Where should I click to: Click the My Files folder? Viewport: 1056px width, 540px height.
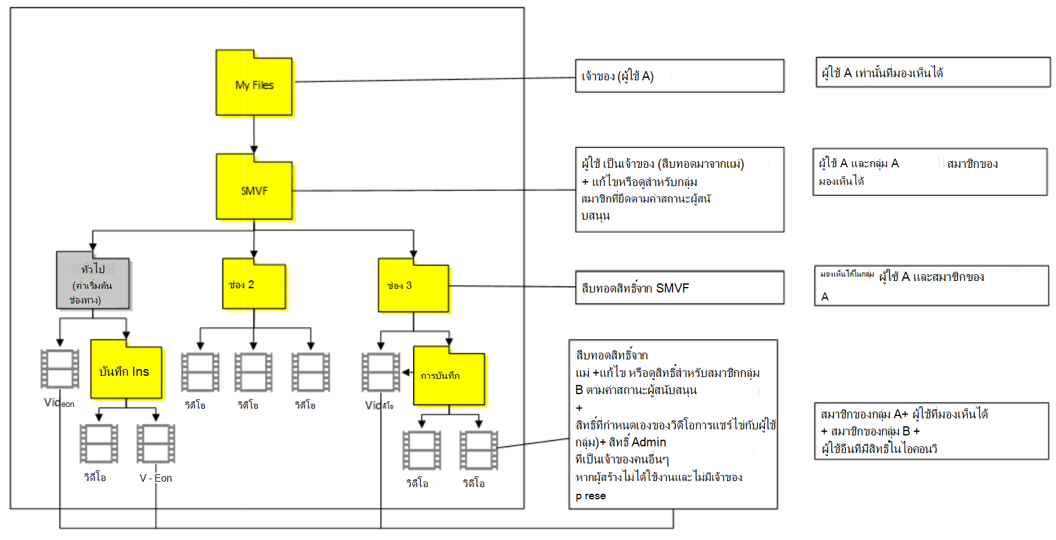point(254,85)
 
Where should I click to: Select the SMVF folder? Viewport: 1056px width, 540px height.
point(254,189)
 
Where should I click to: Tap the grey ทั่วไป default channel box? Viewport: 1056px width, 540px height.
point(93,283)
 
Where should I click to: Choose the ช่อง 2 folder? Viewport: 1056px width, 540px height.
point(254,285)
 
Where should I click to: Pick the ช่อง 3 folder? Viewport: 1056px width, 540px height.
point(413,286)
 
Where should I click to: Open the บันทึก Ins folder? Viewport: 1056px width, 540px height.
point(126,371)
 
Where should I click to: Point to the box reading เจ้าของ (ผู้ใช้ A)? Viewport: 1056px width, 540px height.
point(679,76)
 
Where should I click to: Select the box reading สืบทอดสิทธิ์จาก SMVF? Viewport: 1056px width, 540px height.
point(679,288)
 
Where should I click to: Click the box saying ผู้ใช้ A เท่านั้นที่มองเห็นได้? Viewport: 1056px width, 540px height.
point(933,73)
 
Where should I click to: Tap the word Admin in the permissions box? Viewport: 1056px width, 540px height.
point(649,442)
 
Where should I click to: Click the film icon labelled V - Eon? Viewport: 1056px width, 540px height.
point(156,443)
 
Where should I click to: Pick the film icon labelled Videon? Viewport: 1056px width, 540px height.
point(60,369)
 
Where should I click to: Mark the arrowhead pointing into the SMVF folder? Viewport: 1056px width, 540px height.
point(254,150)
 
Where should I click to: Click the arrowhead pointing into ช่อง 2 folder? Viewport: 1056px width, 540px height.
point(254,254)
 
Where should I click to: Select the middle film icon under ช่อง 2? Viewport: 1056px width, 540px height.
point(254,372)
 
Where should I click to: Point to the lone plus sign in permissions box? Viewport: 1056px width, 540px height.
point(579,408)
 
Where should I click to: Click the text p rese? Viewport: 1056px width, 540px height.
point(590,496)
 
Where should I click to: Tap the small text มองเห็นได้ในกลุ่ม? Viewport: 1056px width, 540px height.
point(847,274)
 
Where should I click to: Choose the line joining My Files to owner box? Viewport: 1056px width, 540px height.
point(434,80)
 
